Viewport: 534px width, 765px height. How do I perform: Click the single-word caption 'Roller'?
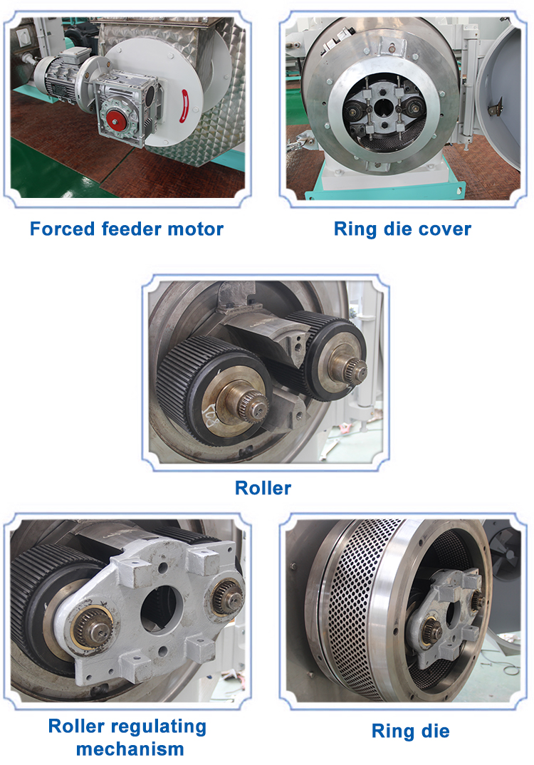pyautogui.click(x=263, y=487)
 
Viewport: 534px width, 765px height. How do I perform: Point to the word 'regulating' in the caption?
pyautogui.click(x=159, y=727)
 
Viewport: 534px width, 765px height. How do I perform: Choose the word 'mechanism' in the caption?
pyautogui.click(x=130, y=749)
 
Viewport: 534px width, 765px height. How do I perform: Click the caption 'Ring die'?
pyautogui.click(x=411, y=731)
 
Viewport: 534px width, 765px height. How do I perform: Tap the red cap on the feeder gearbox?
pyautogui.click(x=115, y=118)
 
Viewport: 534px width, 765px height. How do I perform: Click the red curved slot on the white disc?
pyautogui.click(x=185, y=105)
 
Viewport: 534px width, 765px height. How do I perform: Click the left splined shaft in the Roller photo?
pyautogui.click(x=251, y=403)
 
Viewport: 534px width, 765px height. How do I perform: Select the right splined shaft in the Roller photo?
pyautogui.click(x=355, y=370)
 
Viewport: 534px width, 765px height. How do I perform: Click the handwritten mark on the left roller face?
pyautogui.click(x=211, y=416)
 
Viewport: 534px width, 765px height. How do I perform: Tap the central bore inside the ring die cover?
pyautogui.click(x=384, y=105)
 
